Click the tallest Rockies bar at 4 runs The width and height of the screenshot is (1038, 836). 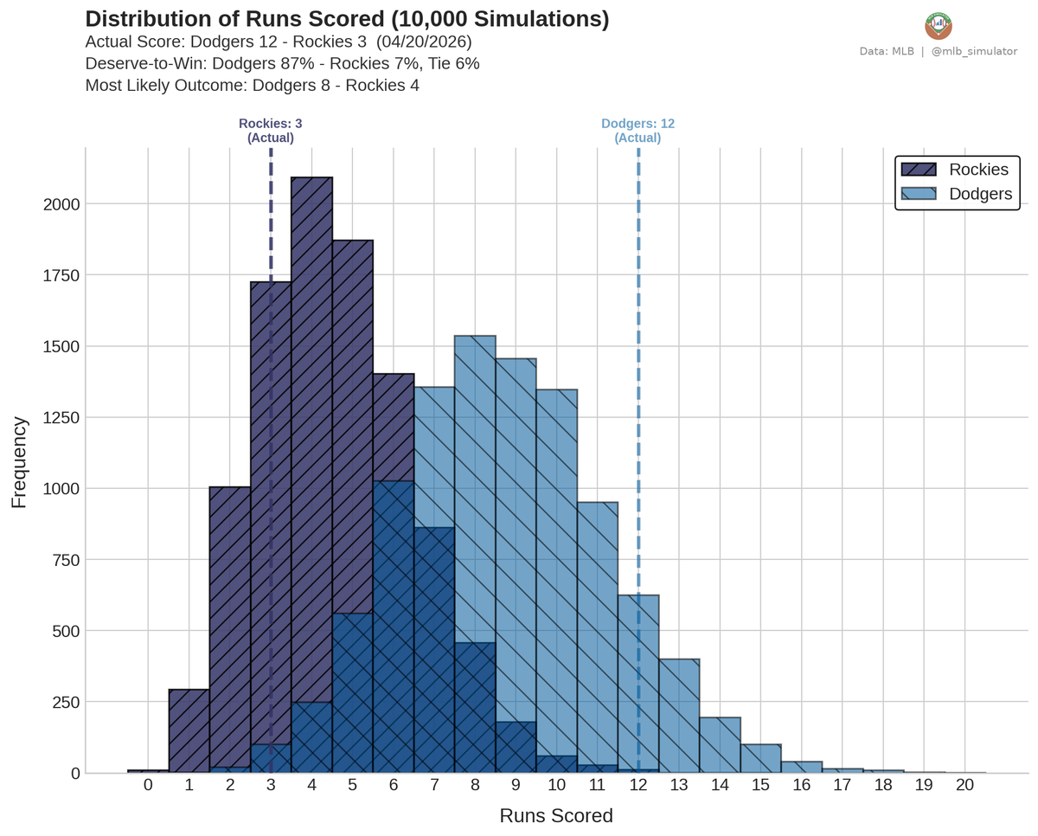click(x=311, y=433)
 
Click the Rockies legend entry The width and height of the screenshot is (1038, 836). click(x=956, y=169)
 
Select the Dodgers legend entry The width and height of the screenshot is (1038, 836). click(x=956, y=194)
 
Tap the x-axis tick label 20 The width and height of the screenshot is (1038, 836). click(x=965, y=785)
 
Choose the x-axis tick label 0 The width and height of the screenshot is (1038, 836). click(x=148, y=785)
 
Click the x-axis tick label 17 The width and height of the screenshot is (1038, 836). click(x=843, y=785)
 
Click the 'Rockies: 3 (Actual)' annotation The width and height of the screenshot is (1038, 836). click(x=271, y=131)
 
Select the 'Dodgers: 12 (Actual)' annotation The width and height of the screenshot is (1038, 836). click(x=638, y=131)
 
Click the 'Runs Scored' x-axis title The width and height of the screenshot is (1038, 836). click(x=556, y=816)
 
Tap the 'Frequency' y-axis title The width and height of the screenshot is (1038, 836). click(x=19, y=462)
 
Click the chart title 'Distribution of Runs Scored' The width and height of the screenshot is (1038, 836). click(x=347, y=19)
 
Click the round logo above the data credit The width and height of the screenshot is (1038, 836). click(x=938, y=25)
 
